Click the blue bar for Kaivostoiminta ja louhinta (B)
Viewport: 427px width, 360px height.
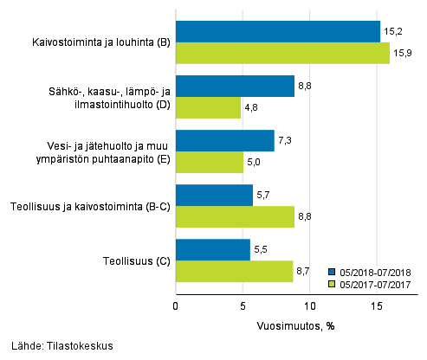click(277, 31)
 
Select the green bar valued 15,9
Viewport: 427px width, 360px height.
click(282, 54)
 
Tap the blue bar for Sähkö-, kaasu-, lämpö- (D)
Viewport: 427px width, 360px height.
click(235, 86)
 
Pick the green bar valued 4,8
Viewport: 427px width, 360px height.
click(208, 108)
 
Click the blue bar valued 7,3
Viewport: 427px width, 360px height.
click(224, 140)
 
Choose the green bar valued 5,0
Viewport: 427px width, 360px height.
click(209, 163)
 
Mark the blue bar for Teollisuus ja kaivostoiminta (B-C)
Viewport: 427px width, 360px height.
click(214, 195)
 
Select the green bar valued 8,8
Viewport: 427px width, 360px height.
click(235, 217)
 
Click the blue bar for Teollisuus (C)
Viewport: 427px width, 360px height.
click(212, 249)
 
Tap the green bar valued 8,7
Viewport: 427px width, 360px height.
click(234, 272)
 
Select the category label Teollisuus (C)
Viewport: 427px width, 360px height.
click(133, 260)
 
